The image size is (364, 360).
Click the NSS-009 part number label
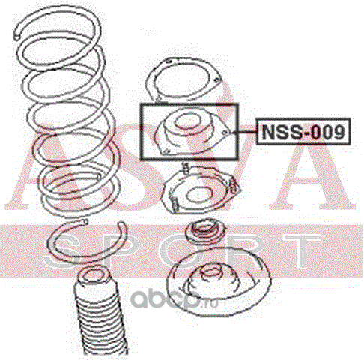[303, 132]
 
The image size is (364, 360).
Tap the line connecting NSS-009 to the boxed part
[247, 132]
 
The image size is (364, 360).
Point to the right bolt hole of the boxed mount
[225, 133]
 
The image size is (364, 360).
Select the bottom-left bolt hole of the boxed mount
[166, 151]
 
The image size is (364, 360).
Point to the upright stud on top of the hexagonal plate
[186, 168]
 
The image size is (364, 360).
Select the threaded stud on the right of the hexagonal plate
[233, 186]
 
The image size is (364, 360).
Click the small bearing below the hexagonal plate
[204, 232]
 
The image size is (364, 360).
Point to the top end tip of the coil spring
[16, 37]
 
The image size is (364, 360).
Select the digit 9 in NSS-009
[338, 132]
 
